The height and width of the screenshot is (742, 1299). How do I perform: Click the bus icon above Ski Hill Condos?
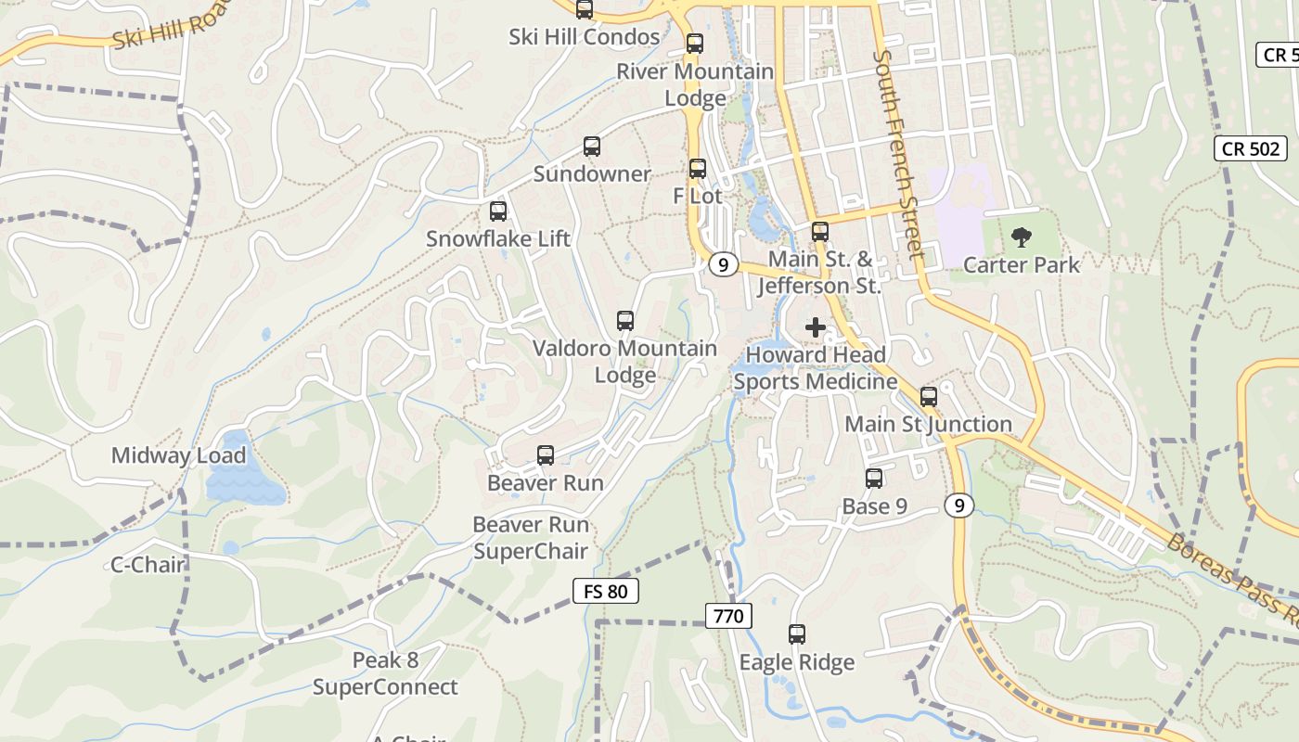(x=585, y=10)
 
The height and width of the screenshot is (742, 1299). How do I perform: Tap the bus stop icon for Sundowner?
(x=592, y=147)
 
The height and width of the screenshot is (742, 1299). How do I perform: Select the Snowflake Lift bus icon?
(x=498, y=211)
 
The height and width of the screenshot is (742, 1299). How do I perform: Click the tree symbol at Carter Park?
(x=1022, y=237)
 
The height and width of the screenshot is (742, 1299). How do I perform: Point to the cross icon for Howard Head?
(x=816, y=327)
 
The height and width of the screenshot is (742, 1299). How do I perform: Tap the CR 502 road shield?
(x=1251, y=148)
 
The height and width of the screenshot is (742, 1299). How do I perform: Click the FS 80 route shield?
(x=606, y=591)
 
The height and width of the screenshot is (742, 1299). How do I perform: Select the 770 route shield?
(x=728, y=615)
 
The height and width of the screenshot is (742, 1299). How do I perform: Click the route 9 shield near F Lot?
(x=723, y=264)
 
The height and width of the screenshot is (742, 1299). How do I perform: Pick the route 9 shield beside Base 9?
(x=960, y=505)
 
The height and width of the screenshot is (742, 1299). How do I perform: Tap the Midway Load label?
(x=178, y=455)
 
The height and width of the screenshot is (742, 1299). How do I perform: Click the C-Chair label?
(x=148, y=564)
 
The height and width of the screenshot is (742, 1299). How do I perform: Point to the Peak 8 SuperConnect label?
(x=385, y=673)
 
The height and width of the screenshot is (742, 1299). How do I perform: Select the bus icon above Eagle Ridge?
(x=797, y=634)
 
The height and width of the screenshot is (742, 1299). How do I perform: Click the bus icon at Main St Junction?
(x=929, y=397)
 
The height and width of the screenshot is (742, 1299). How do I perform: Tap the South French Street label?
(x=898, y=153)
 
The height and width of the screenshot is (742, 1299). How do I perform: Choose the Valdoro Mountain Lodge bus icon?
(x=625, y=322)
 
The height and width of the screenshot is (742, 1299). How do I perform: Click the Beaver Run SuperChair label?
(x=531, y=538)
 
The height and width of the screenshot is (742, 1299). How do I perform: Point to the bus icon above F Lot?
(x=698, y=169)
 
